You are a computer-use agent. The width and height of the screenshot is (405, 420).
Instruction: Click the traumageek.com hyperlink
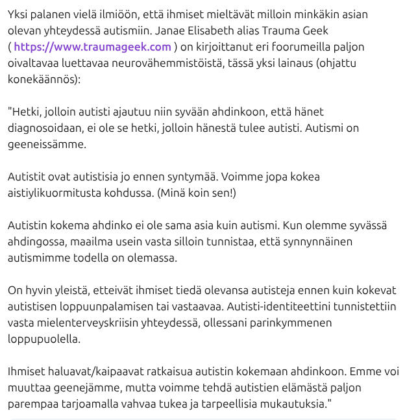[x=92, y=47]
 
